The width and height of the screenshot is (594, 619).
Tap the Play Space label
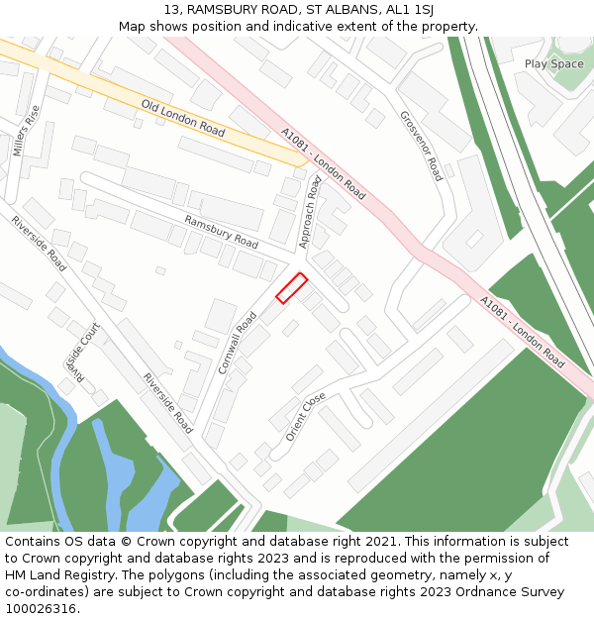553,64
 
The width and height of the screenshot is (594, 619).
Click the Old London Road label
183,118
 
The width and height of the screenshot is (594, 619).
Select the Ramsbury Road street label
221,232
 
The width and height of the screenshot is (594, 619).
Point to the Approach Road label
311,213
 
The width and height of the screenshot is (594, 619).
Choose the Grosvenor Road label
421,145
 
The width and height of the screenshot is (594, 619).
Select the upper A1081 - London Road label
323,163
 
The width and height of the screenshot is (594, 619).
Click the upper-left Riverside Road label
40,244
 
